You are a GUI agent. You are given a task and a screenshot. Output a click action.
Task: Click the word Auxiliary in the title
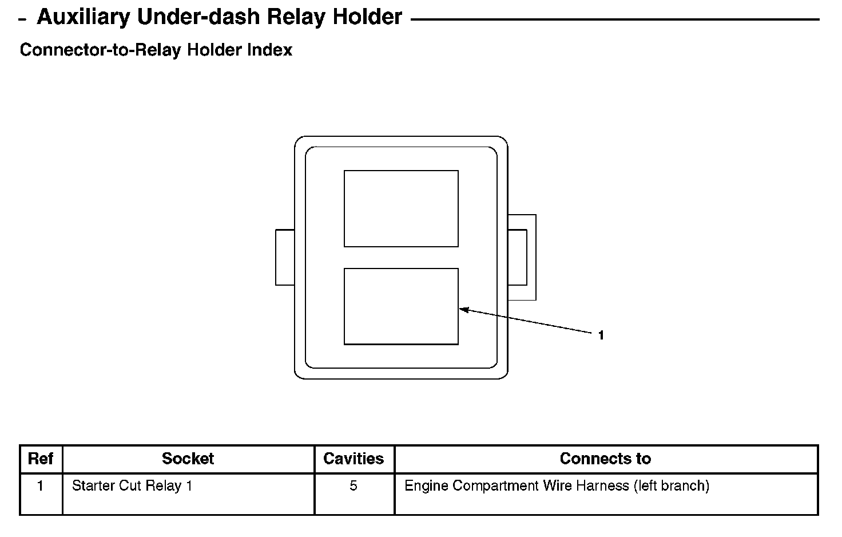83,17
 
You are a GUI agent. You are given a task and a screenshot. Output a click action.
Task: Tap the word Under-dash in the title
198,17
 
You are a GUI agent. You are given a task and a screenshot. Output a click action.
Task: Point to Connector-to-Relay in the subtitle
101,50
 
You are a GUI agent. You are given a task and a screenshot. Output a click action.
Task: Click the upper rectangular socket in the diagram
401,209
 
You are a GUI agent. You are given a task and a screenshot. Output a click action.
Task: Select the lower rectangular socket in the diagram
401,306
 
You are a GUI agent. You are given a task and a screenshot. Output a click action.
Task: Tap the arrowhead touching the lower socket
464,310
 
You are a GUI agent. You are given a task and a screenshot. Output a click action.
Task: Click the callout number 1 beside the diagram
601,335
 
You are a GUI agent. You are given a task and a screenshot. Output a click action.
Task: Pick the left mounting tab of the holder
285,258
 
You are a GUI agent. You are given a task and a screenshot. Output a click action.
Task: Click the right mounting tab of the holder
522,258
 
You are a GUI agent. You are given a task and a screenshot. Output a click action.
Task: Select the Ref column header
40,459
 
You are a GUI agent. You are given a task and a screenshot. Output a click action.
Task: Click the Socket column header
188,459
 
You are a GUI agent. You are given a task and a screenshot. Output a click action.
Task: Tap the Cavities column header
354,459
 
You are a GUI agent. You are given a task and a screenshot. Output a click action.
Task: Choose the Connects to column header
605,459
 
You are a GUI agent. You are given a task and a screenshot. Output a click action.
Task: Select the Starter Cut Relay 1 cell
132,486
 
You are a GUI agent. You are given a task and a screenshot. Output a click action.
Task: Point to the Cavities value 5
354,486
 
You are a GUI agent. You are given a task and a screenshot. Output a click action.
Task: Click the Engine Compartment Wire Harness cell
557,486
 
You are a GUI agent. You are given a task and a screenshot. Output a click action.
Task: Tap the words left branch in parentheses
672,486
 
